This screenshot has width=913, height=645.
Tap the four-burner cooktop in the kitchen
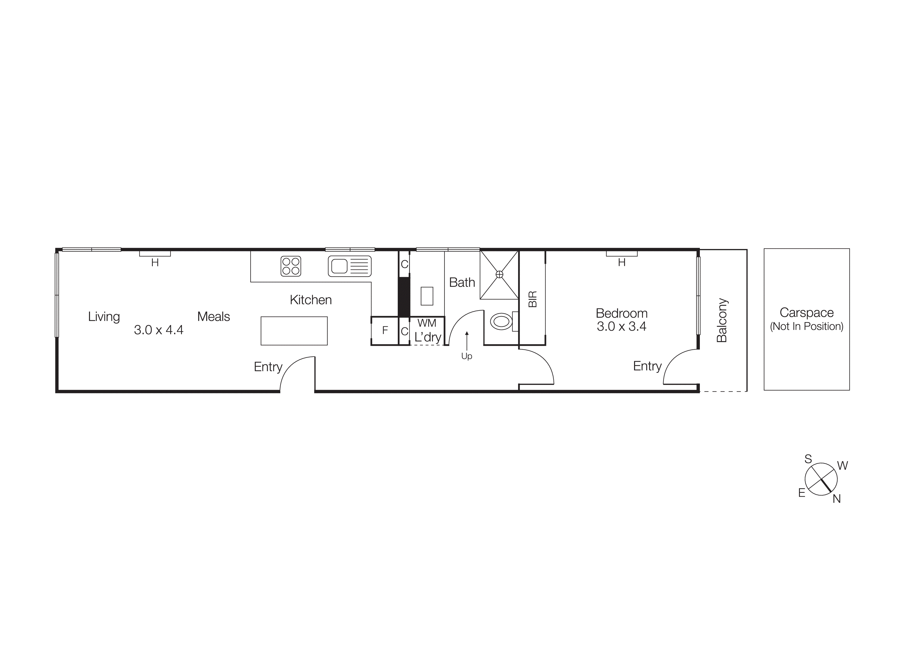tap(291, 266)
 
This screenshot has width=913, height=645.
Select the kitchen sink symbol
tap(350, 266)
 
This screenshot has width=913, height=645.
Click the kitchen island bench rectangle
tap(294, 331)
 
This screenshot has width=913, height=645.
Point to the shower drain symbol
tap(499, 274)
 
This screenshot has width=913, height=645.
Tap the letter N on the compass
tap(837, 499)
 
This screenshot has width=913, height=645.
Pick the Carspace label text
tap(807, 313)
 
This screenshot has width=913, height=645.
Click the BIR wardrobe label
tap(532, 299)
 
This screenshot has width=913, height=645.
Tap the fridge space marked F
tap(385, 330)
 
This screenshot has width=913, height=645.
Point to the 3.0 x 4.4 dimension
tap(159, 330)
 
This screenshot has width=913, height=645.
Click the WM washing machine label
tap(427, 323)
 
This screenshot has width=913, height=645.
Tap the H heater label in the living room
tap(155, 263)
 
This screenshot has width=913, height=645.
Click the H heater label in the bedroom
tap(622, 263)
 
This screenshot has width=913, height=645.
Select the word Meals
tap(213, 316)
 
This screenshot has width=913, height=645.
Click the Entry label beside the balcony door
tap(647, 366)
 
